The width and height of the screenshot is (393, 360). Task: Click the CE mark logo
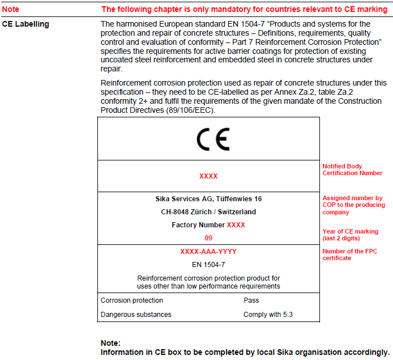click(x=213, y=139)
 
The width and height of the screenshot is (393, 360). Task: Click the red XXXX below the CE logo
click(x=208, y=176)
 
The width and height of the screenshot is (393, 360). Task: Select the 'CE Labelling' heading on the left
click(x=25, y=24)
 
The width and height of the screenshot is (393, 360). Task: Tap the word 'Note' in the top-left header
click(x=11, y=10)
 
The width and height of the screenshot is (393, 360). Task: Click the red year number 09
click(x=208, y=238)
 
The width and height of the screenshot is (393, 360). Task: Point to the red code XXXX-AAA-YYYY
click(x=208, y=252)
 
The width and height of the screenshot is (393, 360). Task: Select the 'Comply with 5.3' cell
click(x=268, y=315)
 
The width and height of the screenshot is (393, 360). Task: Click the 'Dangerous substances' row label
click(x=136, y=315)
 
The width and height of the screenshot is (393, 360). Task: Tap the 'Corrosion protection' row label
click(x=132, y=300)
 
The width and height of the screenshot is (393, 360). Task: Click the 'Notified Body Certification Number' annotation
click(x=352, y=170)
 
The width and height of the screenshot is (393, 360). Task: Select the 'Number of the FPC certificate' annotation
click(x=350, y=255)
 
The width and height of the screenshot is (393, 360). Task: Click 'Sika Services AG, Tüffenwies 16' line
click(x=208, y=199)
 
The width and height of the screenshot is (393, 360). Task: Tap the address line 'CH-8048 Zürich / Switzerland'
click(x=208, y=212)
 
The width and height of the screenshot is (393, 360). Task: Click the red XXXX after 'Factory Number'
click(x=236, y=225)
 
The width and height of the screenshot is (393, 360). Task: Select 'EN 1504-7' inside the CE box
click(x=208, y=264)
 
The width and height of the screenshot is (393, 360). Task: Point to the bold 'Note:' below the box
click(x=110, y=343)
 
